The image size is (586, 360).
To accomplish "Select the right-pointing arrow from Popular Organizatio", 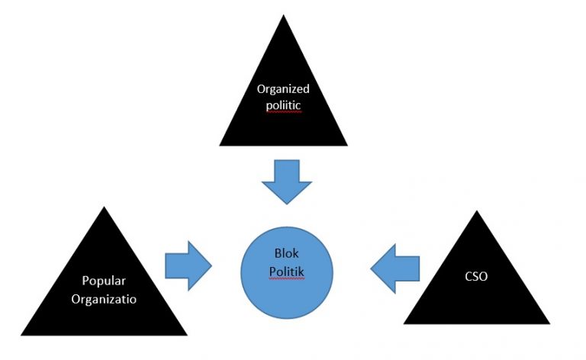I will pyautogui.click(x=188, y=264).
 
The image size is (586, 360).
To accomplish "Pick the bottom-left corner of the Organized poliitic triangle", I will pyautogui.click(x=220, y=145).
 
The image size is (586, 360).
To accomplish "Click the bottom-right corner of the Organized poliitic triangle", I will pyautogui.click(x=348, y=145).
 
